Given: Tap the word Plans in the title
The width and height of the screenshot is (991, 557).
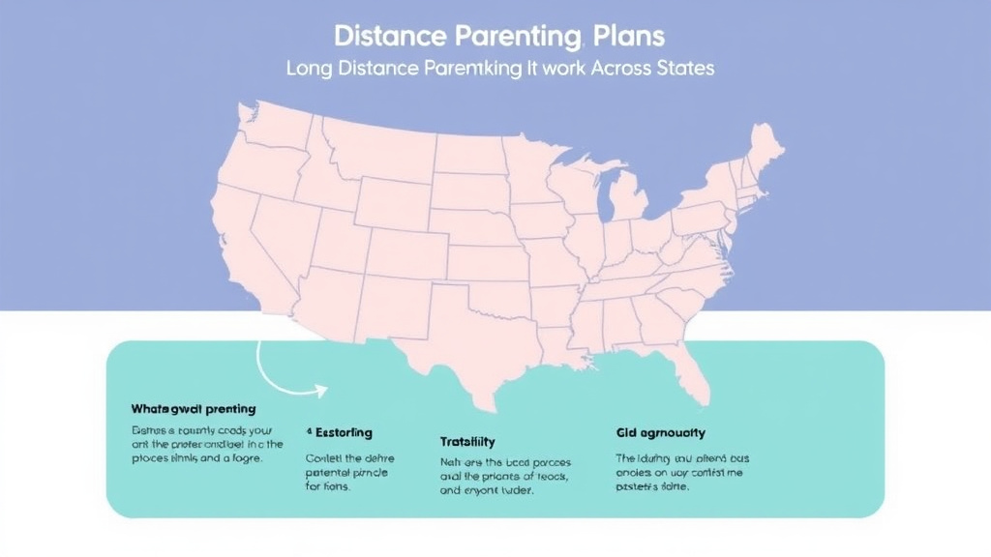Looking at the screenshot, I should (x=630, y=37).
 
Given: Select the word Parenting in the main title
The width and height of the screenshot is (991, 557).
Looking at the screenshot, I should (x=518, y=37).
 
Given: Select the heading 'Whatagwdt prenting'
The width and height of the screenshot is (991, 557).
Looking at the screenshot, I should (x=194, y=408).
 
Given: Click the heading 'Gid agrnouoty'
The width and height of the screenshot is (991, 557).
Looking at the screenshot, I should (x=660, y=432).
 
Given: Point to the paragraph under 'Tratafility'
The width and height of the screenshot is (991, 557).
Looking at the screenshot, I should (x=497, y=477).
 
